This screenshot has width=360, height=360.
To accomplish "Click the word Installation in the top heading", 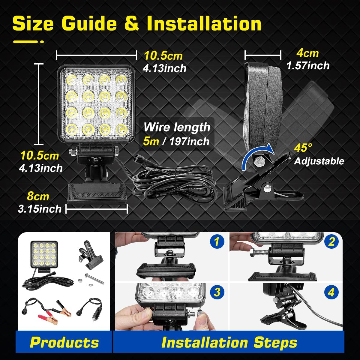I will tap(204, 23).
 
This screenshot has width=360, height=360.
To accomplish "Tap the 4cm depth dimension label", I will tap(307, 53).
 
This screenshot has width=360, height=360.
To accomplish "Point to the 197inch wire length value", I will tap(189, 141).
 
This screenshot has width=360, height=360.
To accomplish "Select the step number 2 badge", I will tap(331, 241).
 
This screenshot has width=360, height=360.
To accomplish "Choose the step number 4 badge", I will tap(331, 292).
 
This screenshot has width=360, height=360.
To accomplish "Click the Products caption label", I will tap(64, 342).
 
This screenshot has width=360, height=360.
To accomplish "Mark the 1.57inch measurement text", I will tap(308, 65).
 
